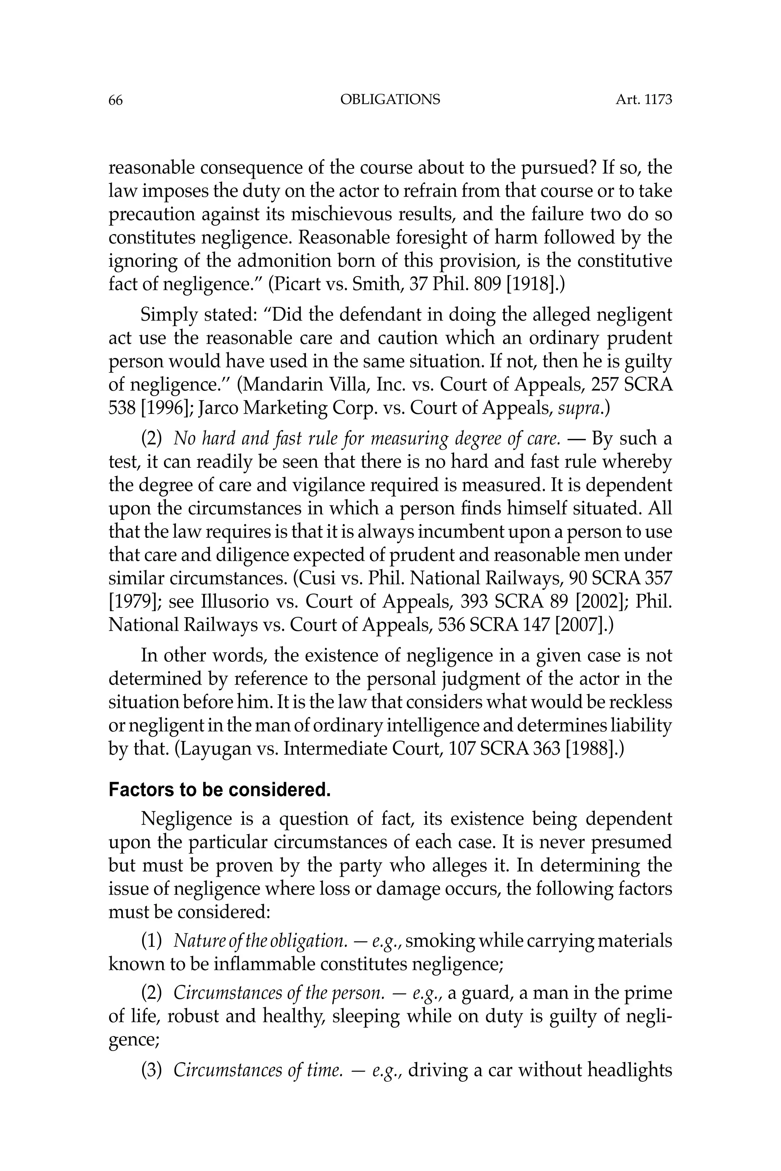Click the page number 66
coord(115,100)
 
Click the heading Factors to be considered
coord(219,790)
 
